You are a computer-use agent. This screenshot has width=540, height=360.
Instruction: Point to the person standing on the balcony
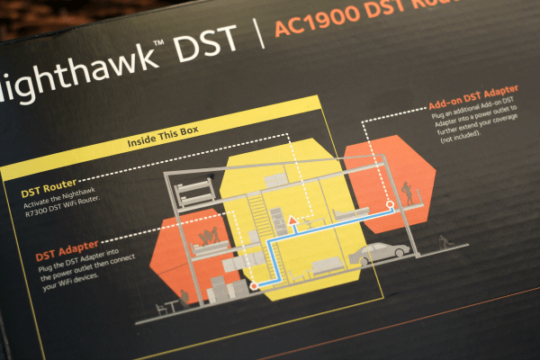tap(410, 193)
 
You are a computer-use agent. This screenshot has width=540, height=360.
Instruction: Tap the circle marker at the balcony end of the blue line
tap(390, 205)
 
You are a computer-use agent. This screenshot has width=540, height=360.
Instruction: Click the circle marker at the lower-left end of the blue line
tap(253, 284)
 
